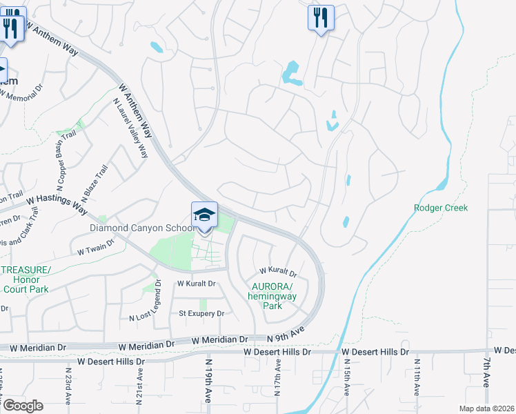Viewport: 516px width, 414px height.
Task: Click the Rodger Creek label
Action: (441, 208)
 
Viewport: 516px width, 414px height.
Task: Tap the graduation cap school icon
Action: (205, 215)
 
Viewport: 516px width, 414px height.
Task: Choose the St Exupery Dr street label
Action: (201, 313)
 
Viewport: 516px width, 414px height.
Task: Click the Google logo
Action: (23, 405)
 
